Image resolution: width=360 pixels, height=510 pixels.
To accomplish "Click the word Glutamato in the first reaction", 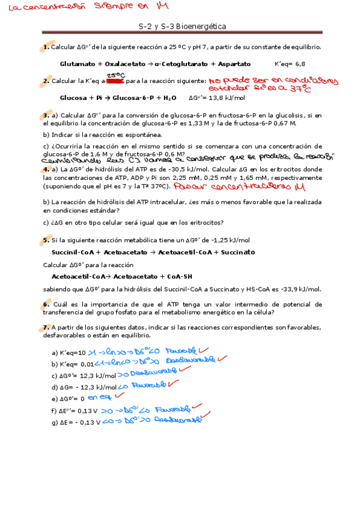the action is coord(78,63).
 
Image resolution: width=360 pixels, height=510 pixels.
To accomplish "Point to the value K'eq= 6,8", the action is coord(290,63).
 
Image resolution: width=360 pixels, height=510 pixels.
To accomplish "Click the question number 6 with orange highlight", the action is coord(46,304).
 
